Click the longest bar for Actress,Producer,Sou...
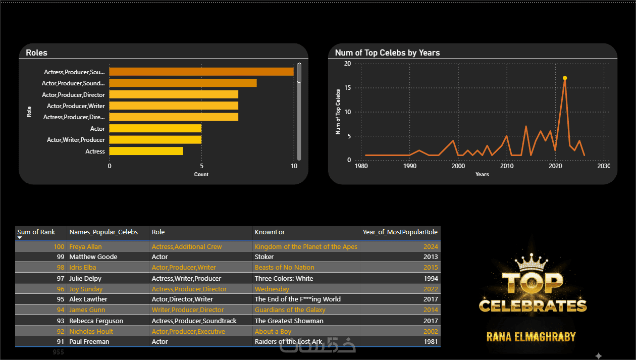point(201,72)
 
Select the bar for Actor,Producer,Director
point(174,94)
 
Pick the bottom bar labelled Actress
point(146,151)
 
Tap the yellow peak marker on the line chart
point(565,78)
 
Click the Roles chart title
point(36,53)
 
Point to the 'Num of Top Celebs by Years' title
point(387,53)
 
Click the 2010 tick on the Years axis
point(507,166)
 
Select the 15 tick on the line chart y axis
point(347,88)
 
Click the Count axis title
point(201,175)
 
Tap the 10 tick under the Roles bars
point(294,166)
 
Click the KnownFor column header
point(270,232)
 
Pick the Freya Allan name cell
point(85,247)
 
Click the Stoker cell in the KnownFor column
point(264,257)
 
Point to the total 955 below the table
point(58,352)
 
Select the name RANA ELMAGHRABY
point(531,337)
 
